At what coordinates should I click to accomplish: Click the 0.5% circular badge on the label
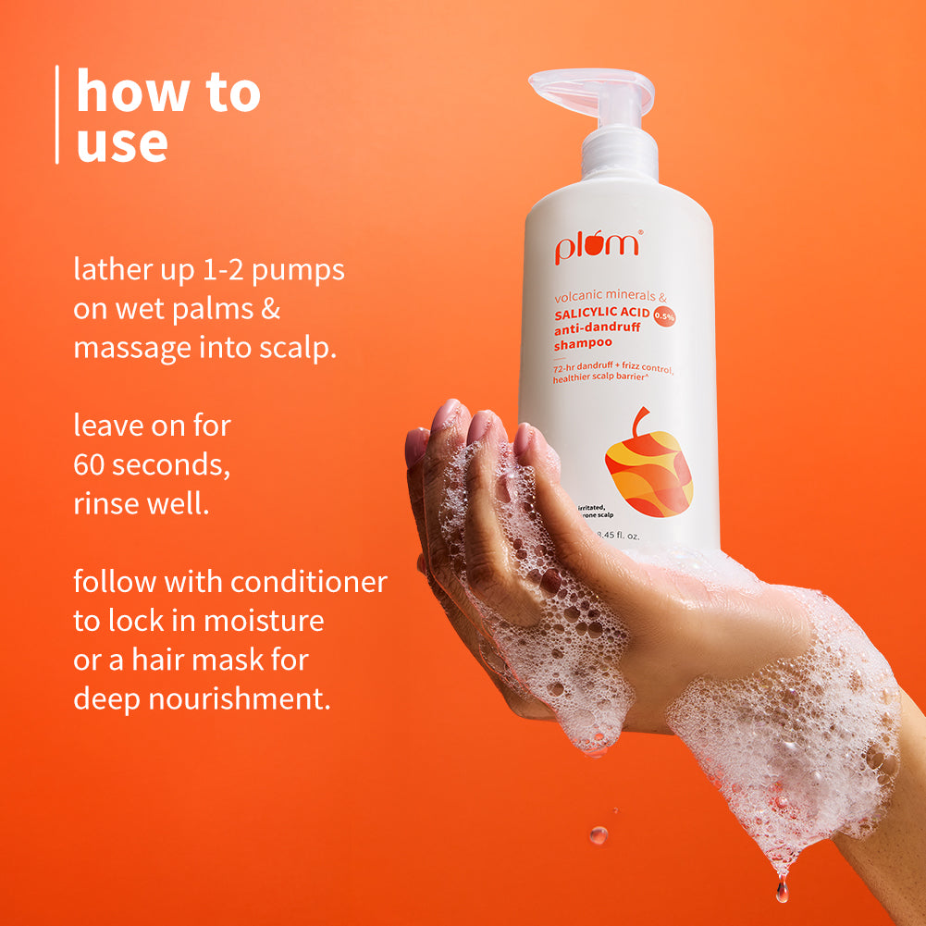coord(664,316)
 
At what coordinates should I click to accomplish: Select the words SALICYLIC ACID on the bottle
coord(601,313)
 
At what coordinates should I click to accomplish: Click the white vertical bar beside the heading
coord(57,115)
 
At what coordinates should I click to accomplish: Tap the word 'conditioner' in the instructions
coord(308,582)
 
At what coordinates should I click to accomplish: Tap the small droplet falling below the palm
coord(598,834)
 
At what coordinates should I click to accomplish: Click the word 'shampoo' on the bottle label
coord(584,344)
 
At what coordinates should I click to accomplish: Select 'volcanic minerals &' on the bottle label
coord(611,297)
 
